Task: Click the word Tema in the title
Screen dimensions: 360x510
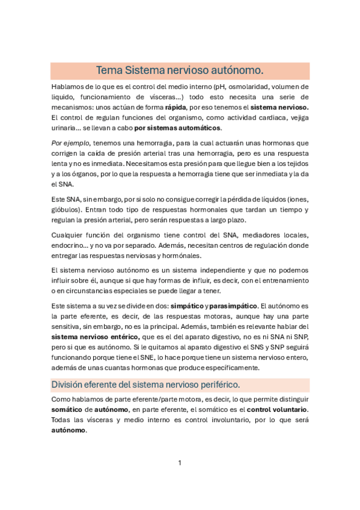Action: point(109,70)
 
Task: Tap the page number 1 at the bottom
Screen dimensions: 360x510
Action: point(180,462)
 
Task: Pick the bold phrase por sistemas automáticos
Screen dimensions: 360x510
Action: point(178,127)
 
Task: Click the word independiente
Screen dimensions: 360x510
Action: point(223,271)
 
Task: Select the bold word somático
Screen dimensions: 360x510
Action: point(68,410)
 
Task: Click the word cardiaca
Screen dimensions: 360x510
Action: point(261,117)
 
